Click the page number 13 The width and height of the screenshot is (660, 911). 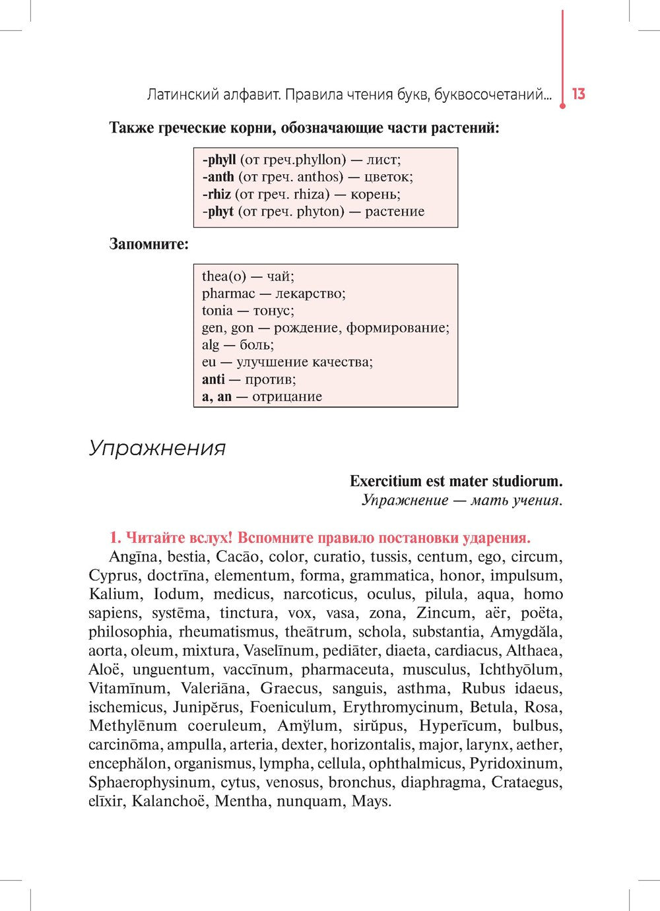coord(579,94)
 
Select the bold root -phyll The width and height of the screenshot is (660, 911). coord(218,160)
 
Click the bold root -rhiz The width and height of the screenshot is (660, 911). coord(216,194)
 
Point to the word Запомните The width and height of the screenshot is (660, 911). coord(148,244)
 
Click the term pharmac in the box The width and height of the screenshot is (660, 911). coord(228,294)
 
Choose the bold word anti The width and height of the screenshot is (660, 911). coord(213,379)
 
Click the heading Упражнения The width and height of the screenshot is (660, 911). coord(157,449)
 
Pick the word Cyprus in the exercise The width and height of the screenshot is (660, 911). coord(114,576)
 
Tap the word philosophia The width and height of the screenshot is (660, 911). coord(128,632)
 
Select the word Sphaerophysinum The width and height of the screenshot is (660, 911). coord(150,783)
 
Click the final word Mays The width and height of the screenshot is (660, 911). coord(372,802)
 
